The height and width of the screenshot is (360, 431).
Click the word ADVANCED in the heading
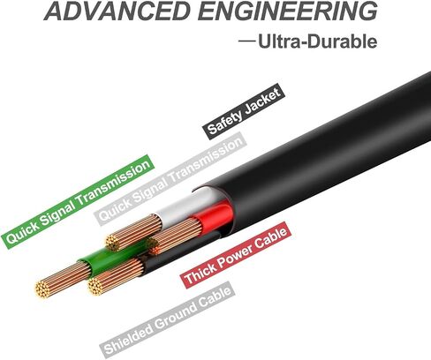117,11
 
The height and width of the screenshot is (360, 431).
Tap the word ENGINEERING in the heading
287,11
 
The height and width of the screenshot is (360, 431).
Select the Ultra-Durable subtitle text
318,41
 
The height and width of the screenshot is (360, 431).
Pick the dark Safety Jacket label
244,111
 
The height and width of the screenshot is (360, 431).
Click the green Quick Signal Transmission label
78,202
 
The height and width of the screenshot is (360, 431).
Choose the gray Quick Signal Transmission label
170,179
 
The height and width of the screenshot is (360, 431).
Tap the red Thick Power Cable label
236,255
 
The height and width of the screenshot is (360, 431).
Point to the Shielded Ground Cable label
168,319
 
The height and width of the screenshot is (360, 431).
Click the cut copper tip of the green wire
43,289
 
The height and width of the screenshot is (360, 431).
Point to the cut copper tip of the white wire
112,243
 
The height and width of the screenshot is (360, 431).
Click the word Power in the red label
233,257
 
